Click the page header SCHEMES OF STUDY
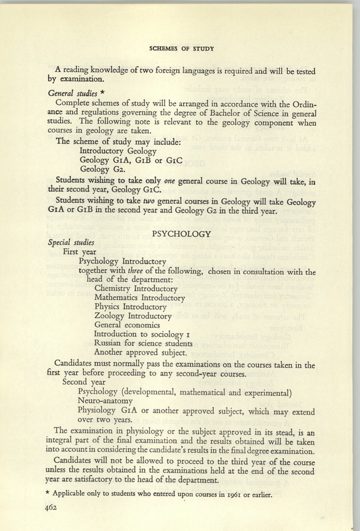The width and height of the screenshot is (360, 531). coord(181,47)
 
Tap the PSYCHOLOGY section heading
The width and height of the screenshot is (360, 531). coord(181,234)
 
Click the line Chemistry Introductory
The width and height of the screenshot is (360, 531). coord(136,289)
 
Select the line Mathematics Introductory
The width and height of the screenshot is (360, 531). coord(139,298)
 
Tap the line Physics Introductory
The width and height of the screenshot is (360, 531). coord(130,307)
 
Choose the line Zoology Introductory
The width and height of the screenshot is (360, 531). coord(132,316)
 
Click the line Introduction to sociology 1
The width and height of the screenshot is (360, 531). coord(140,335)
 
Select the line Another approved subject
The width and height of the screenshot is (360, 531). coord(140,353)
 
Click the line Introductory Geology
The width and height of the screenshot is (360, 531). coord(117,150)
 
